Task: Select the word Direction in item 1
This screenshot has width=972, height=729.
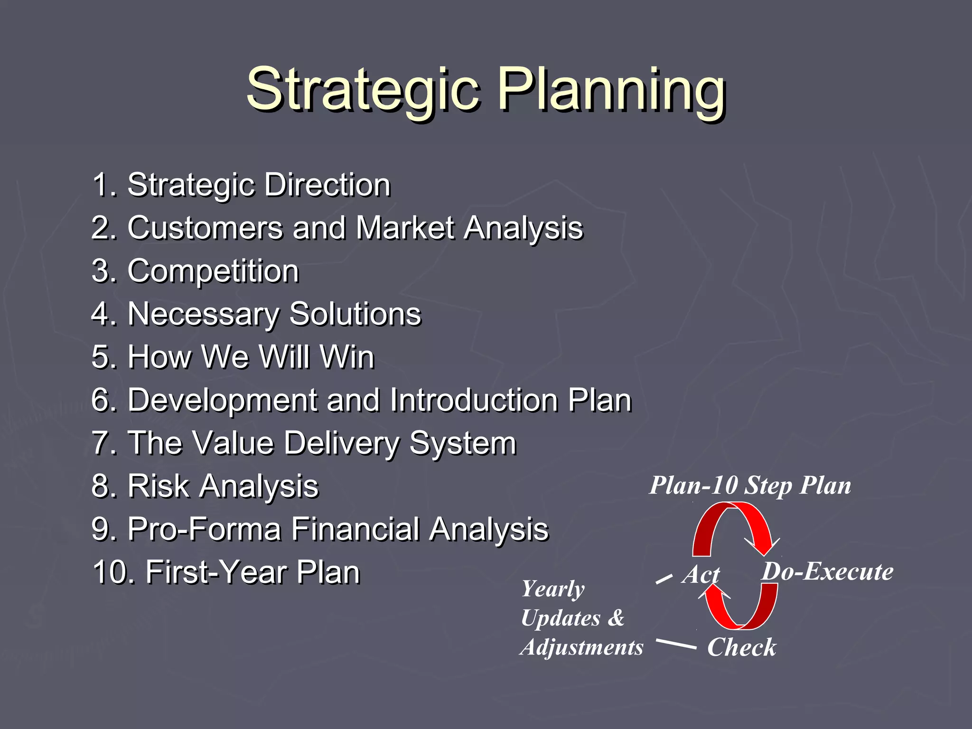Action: click(x=327, y=185)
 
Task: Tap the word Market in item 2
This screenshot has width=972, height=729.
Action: click(x=405, y=228)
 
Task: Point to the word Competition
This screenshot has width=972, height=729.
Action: click(x=213, y=271)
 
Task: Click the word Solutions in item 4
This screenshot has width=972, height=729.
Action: click(x=355, y=314)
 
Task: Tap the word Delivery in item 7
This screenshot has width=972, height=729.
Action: click(x=342, y=443)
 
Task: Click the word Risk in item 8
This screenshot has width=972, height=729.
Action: click(x=158, y=486)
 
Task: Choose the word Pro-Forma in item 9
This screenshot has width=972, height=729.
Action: click(x=204, y=529)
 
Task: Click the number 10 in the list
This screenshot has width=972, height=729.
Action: click(x=112, y=572)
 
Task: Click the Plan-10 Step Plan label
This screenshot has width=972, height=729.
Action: click(x=750, y=486)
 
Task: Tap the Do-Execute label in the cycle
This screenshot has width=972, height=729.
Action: click(x=827, y=571)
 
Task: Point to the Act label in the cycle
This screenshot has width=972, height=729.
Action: click(x=701, y=575)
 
